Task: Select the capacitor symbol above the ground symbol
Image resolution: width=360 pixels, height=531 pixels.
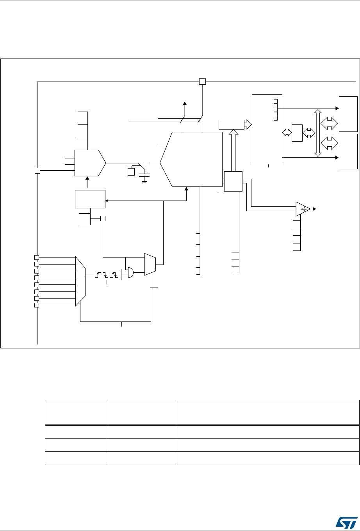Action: tap(145, 171)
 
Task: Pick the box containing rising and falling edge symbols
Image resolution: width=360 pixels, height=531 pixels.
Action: tap(107, 274)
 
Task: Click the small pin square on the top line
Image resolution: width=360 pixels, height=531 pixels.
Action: tap(202, 82)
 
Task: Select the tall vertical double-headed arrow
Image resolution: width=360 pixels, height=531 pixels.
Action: tap(318, 133)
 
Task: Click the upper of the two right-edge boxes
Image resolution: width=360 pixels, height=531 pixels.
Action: tap(348, 114)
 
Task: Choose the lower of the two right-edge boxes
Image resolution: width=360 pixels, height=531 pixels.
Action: tap(348, 151)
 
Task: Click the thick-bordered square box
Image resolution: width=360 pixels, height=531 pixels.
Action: tap(233, 181)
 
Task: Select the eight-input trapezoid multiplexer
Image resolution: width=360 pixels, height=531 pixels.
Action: tap(80, 281)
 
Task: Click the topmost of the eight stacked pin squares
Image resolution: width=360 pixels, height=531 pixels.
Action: tap(36, 258)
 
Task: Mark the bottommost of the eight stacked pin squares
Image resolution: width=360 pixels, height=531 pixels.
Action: tap(36, 305)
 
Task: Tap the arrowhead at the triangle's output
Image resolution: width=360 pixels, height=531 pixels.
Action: tap(315, 209)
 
